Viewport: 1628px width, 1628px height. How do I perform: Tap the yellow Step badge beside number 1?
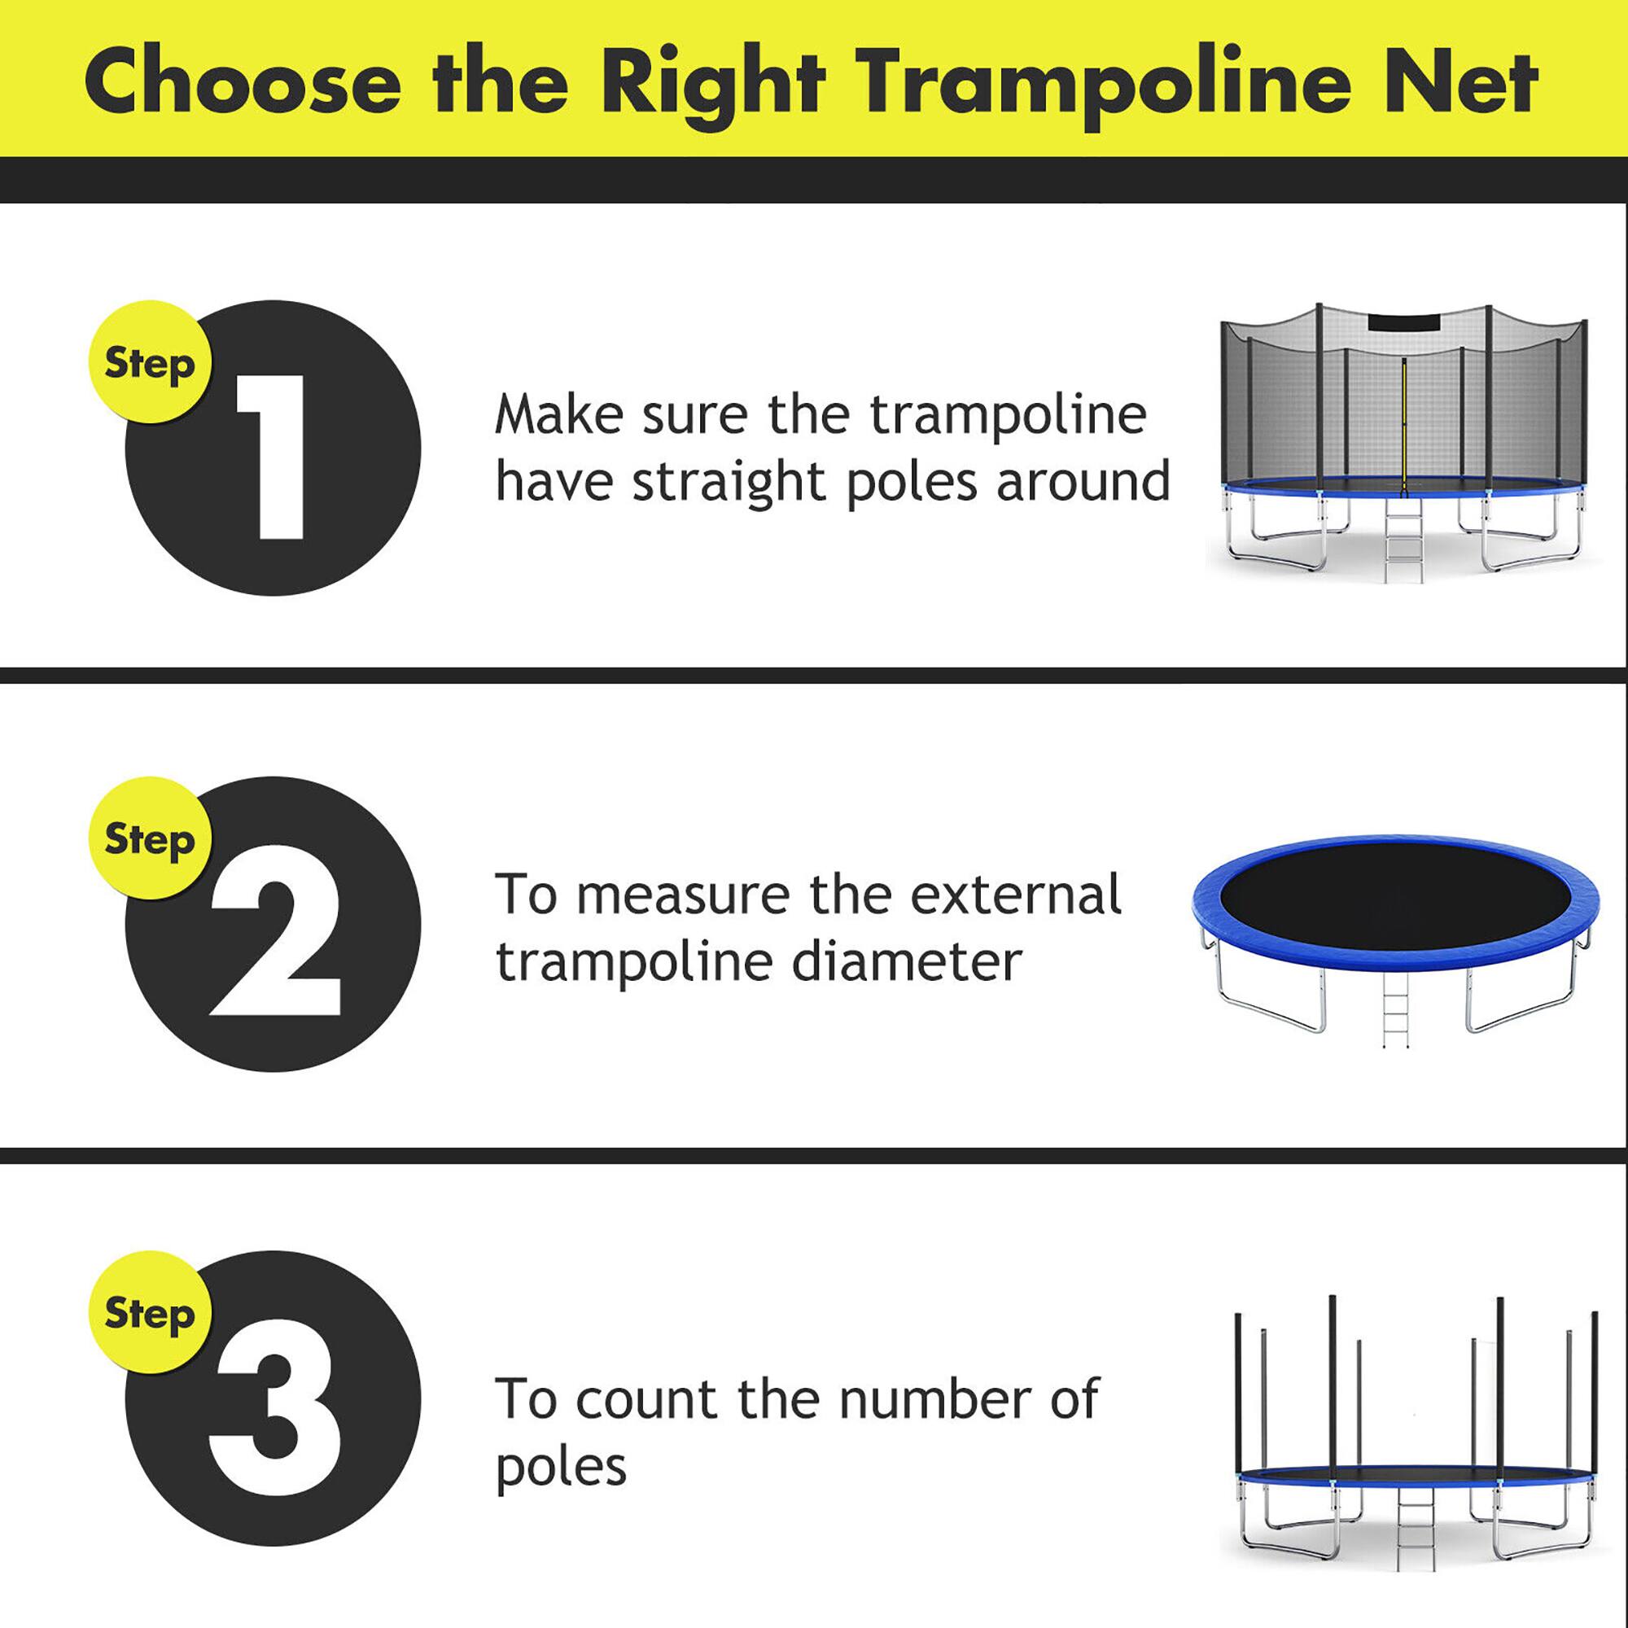tap(150, 363)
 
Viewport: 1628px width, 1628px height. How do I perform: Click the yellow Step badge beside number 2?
tap(150, 838)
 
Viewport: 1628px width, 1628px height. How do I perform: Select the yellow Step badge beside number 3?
tap(150, 1314)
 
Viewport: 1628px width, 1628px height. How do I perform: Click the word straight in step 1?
tap(729, 483)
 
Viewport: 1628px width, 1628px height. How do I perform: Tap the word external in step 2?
tap(1015, 894)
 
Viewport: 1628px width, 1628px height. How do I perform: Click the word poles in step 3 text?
tap(561, 1468)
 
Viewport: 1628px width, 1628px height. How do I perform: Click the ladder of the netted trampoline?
tap(1404, 544)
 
